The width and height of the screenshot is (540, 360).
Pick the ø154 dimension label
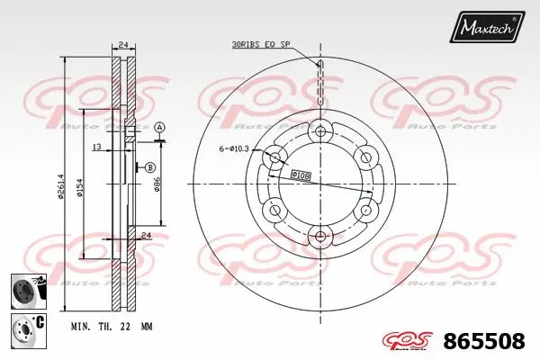coord(81,186)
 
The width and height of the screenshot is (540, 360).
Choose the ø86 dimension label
coord(158,186)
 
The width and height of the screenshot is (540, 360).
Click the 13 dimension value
coord(95,146)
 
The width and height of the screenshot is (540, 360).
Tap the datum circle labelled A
coord(159,129)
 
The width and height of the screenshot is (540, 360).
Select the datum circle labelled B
coord(149,167)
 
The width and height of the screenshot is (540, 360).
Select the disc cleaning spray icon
coord(25,289)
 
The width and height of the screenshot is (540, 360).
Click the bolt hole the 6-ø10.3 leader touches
coord(275,159)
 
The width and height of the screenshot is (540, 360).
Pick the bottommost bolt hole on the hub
coord(320,238)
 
